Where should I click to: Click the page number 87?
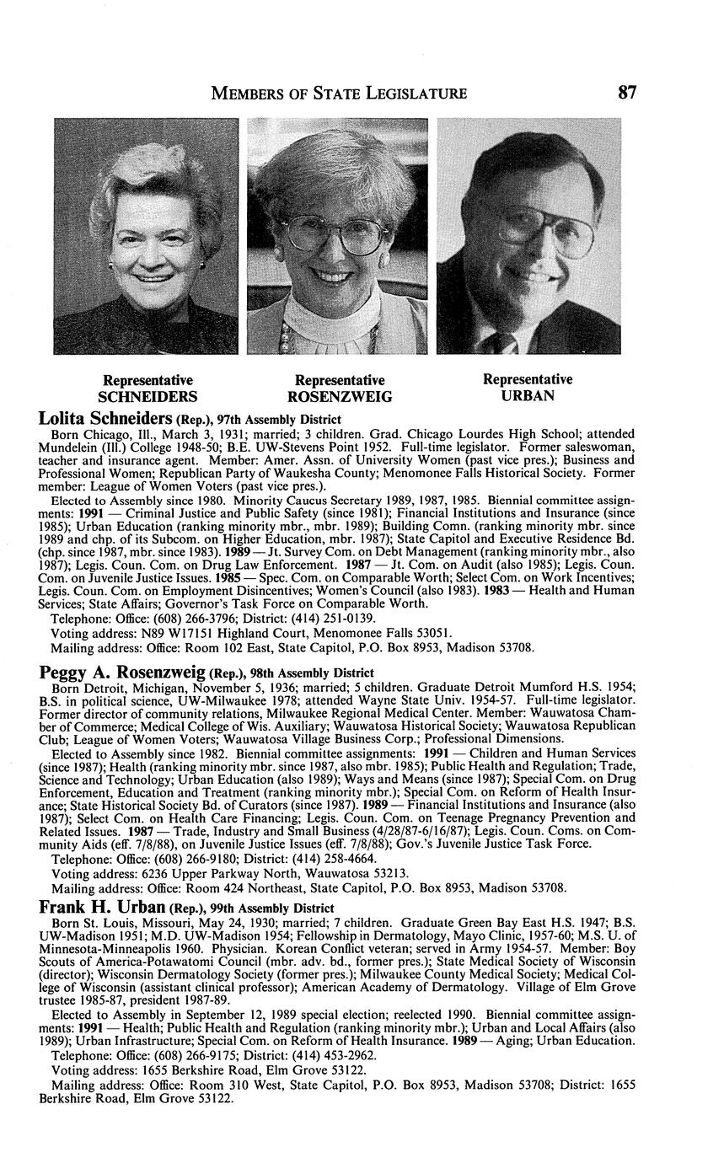point(625,93)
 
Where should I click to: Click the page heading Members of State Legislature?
point(339,93)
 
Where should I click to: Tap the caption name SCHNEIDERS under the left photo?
point(147,396)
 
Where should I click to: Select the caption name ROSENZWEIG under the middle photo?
point(340,397)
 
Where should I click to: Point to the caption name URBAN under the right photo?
point(527,395)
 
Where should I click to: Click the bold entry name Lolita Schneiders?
point(105,419)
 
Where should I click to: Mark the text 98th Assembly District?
point(312,673)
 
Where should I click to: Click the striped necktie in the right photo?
point(507,343)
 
